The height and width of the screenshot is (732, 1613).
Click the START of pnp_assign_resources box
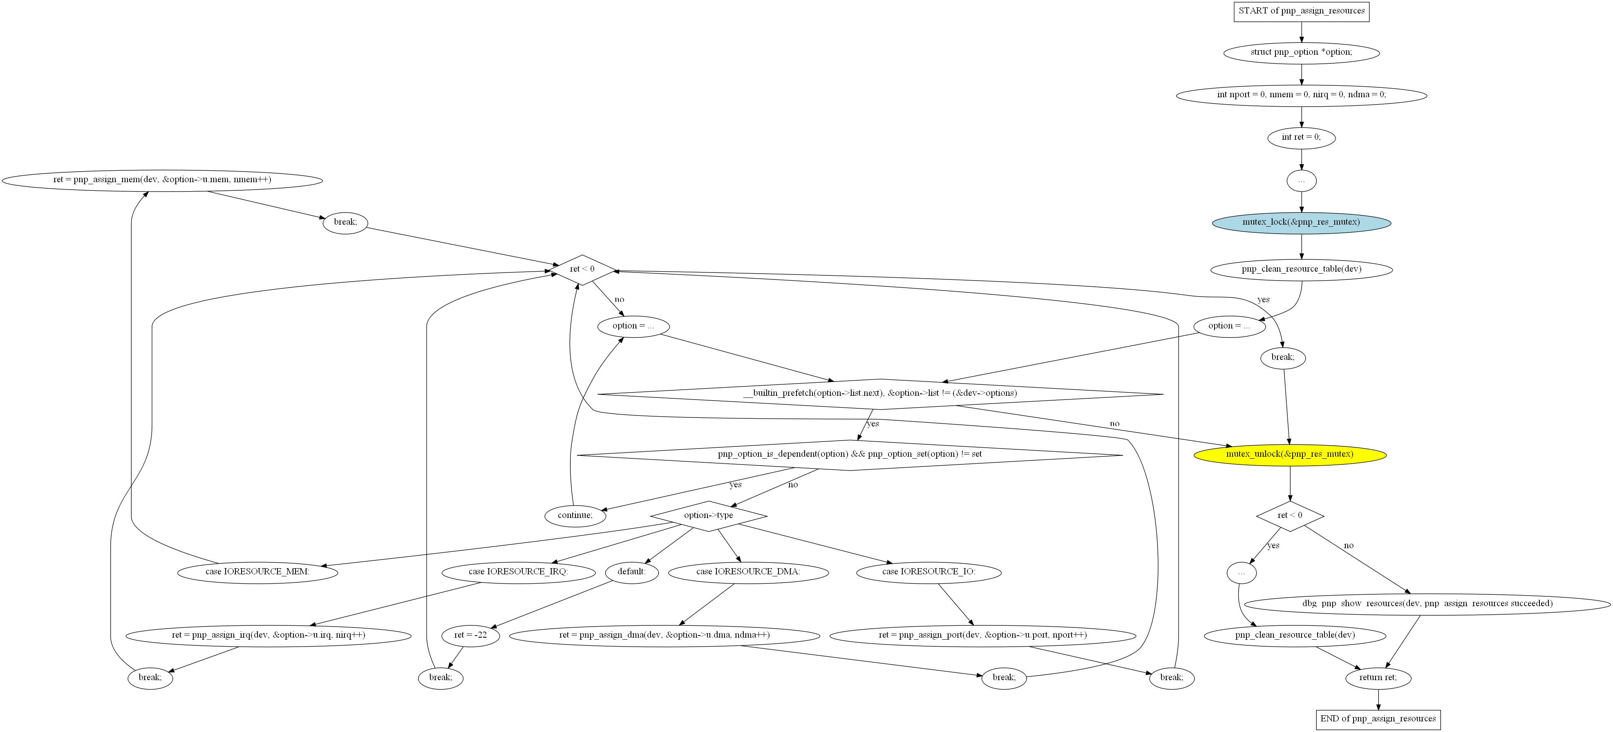click(x=1301, y=11)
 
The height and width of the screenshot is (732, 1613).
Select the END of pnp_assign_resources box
click(x=1378, y=719)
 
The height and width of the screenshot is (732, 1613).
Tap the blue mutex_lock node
click(x=1301, y=223)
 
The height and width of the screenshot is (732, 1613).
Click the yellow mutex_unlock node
click(x=1290, y=455)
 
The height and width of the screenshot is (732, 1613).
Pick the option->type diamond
click(x=708, y=516)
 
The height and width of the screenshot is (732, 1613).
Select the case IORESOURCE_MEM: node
click(x=257, y=572)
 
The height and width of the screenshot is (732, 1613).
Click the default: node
click(x=632, y=572)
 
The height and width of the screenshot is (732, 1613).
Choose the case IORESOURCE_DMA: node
click(x=748, y=572)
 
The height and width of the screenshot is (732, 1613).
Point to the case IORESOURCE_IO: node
click(x=928, y=572)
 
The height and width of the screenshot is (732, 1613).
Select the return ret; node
click(x=1378, y=678)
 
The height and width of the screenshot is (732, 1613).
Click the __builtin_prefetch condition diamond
click(x=880, y=394)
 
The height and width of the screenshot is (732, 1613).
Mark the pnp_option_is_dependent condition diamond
click(x=850, y=455)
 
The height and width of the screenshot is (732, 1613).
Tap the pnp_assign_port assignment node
click(x=982, y=636)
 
